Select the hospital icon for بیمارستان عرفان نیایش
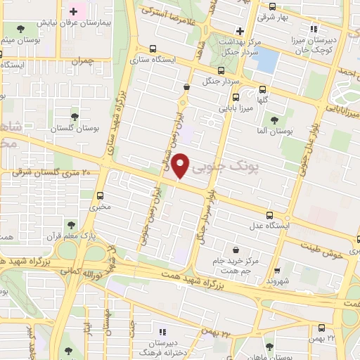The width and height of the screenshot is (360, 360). click(x=73, y=13)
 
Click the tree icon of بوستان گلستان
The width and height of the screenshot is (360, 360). click(x=75, y=117)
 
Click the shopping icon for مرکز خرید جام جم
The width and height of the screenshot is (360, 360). click(x=235, y=248)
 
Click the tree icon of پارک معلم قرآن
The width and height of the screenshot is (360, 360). click(x=70, y=224)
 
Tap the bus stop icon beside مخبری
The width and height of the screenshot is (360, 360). click(x=101, y=195)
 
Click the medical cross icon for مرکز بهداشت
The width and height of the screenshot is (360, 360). click(x=240, y=30)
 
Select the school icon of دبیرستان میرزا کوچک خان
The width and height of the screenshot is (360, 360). click(x=314, y=30)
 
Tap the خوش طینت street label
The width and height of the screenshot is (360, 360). click(x=323, y=250)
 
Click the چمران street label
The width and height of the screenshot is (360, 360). click(x=82, y=61)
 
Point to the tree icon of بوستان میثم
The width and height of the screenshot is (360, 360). click(x=17, y=30)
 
